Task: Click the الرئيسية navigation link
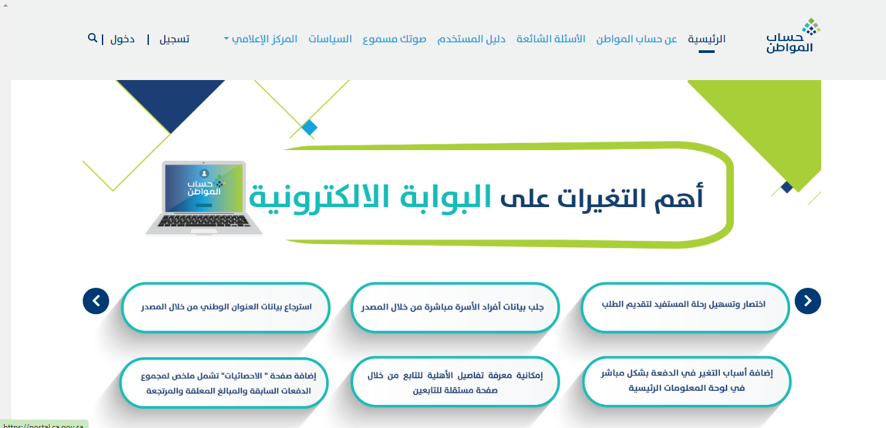(x=707, y=39)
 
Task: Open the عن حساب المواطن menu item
(x=637, y=39)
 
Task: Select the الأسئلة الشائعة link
(x=551, y=39)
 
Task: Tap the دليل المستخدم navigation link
(x=471, y=39)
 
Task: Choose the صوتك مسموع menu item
(x=394, y=39)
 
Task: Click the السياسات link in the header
(x=330, y=39)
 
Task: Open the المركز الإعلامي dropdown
(x=261, y=39)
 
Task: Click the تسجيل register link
(x=175, y=39)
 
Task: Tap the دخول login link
(x=122, y=39)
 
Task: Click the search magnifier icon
(x=93, y=38)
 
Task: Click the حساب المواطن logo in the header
(x=793, y=36)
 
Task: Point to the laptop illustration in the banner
(x=204, y=198)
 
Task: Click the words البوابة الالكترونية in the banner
(x=370, y=198)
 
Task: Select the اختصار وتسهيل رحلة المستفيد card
(x=685, y=308)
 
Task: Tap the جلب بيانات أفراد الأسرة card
(x=455, y=308)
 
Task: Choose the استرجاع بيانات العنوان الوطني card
(x=226, y=308)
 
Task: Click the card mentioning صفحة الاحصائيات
(x=224, y=382)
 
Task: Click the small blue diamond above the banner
(x=309, y=128)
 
